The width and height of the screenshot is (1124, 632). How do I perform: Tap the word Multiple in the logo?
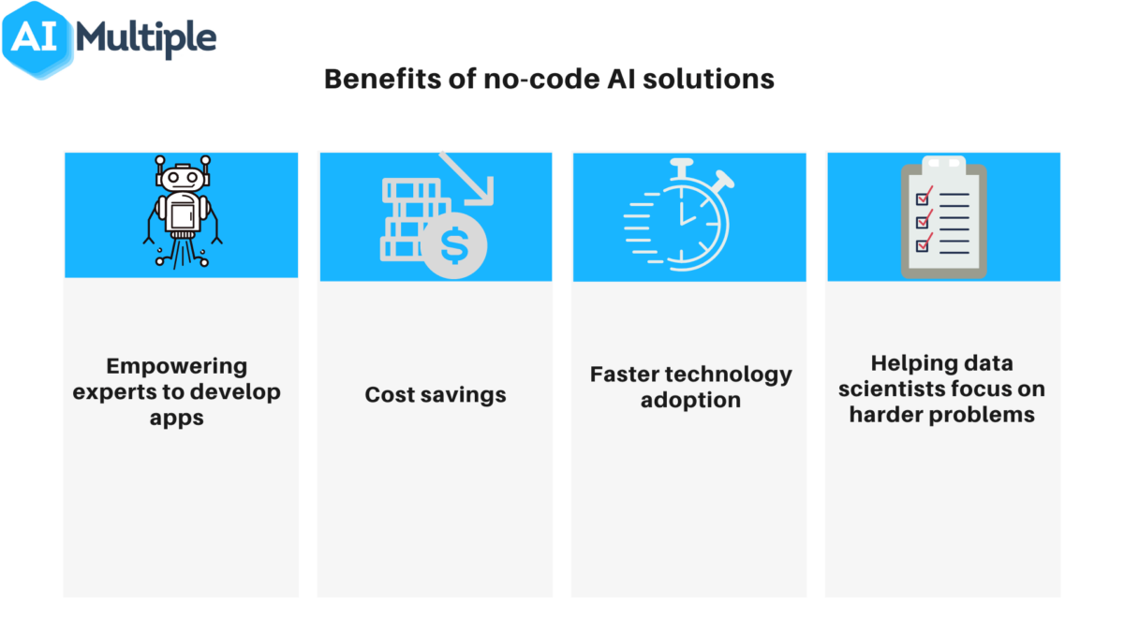pos(147,39)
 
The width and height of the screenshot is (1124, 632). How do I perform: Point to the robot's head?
pos(181,177)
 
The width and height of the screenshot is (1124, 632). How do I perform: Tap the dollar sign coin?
pos(453,245)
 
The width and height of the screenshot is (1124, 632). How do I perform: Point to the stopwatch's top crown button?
pos(682,166)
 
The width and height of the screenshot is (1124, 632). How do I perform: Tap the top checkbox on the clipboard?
pos(923,198)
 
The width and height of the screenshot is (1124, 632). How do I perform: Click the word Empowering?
pos(176,366)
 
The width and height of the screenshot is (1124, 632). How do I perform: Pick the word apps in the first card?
pos(176,418)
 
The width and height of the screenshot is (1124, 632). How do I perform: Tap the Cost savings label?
pos(436,394)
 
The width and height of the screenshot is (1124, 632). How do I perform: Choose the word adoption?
pos(690,400)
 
